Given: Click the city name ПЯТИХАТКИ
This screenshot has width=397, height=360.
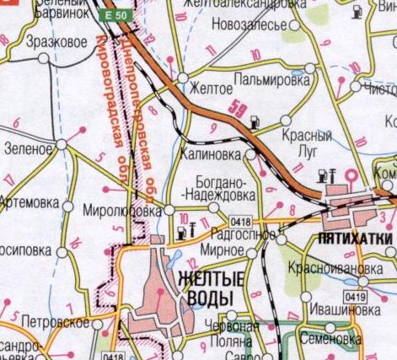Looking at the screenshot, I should pos(352,240).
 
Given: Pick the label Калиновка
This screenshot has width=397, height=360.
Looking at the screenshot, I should pos(212,154).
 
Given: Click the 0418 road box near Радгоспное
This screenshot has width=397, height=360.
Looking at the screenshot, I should pos(240,221).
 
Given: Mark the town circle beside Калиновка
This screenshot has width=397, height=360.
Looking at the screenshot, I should pos(249,155).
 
